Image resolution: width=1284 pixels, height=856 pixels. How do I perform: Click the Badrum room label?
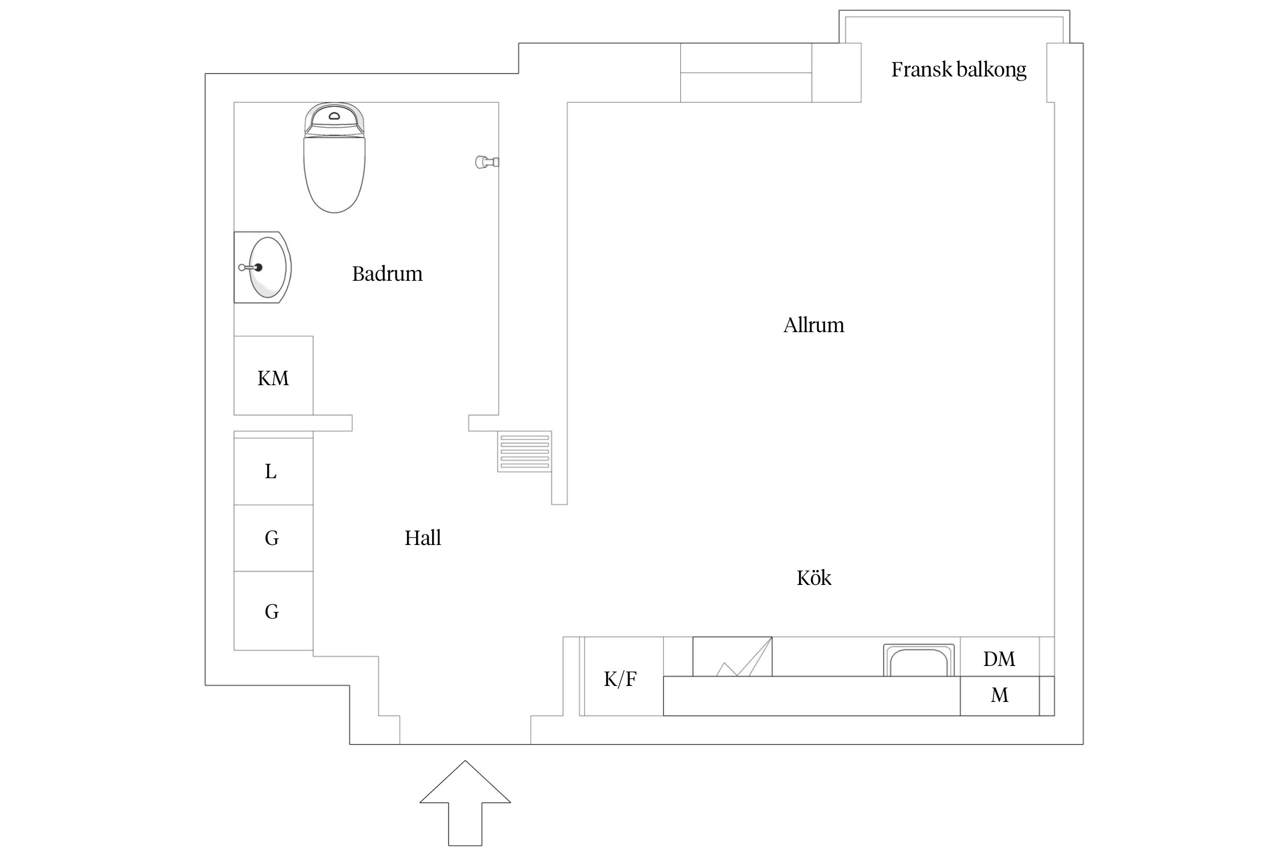click(x=387, y=274)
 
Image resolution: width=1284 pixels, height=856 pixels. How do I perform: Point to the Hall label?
click(x=422, y=538)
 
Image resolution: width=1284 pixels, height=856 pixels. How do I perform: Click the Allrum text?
click(x=813, y=325)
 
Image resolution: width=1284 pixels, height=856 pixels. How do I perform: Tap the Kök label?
click(x=813, y=579)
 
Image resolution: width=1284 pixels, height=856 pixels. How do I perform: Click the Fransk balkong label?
click(x=958, y=70)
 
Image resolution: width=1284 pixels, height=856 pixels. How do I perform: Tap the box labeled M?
click(x=999, y=696)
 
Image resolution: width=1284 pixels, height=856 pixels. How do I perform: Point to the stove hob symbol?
click(x=732, y=657)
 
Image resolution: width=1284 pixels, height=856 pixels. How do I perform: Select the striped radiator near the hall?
click(x=524, y=451)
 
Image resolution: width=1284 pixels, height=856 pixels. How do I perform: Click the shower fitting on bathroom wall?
click(x=485, y=162)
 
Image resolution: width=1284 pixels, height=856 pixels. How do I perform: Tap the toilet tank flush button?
click(x=334, y=116)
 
